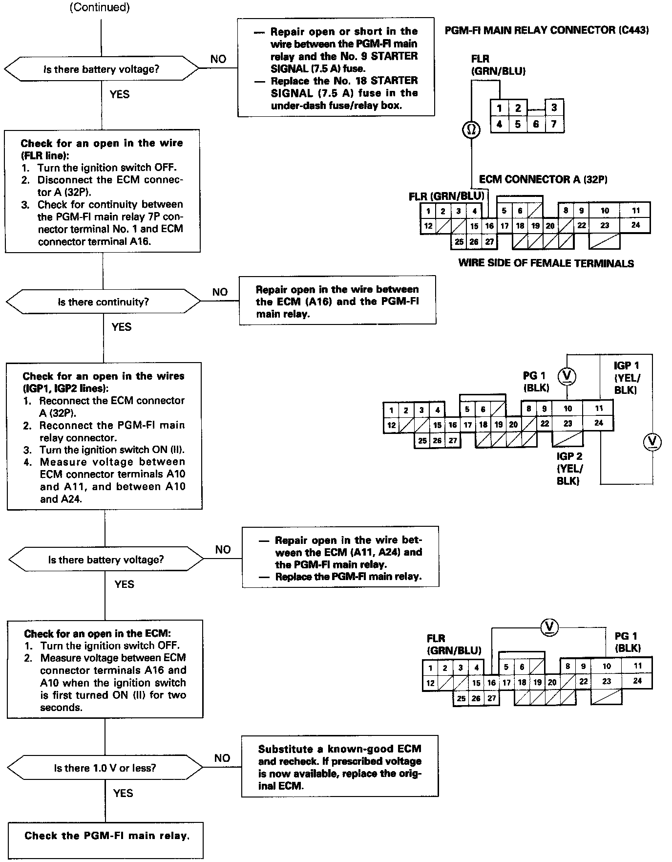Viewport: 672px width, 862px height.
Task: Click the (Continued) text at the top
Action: pyautogui.click(x=100, y=7)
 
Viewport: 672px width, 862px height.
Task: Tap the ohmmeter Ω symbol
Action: pyautogui.click(x=471, y=130)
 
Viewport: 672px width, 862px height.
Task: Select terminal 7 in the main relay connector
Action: pyautogui.click(x=554, y=124)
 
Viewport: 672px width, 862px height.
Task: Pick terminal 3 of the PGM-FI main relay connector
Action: pyautogui.click(x=554, y=108)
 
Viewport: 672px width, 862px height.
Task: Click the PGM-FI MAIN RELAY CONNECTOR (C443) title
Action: pyautogui.click(x=546, y=30)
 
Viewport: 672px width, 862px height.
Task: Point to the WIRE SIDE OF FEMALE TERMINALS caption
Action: pyautogui.click(x=546, y=263)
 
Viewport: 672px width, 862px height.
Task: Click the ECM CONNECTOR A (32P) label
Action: pyautogui.click(x=543, y=179)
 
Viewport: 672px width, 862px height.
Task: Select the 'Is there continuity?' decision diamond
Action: pyautogui.click(x=103, y=302)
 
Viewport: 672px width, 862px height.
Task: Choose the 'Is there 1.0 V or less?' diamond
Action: pyautogui.click(x=105, y=768)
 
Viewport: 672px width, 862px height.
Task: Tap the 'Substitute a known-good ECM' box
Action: pyautogui.click(x=340, y=766)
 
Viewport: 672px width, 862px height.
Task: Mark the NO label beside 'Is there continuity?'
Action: pyautogui.click(x=220, y=292)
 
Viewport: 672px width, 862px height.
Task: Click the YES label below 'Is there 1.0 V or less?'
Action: pyautogui.click(x=123, y=793)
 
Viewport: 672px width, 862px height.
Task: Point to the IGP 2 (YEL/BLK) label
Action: pyautogui.click(x=569, y=469)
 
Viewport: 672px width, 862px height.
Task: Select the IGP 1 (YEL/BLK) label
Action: pyautogui.click(x=627, y=378)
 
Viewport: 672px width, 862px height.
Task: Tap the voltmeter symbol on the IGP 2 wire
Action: pyautogui.click(x=652, y=442)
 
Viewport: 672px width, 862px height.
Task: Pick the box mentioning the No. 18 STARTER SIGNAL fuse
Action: pyautogui.click(x=336, y=67)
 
